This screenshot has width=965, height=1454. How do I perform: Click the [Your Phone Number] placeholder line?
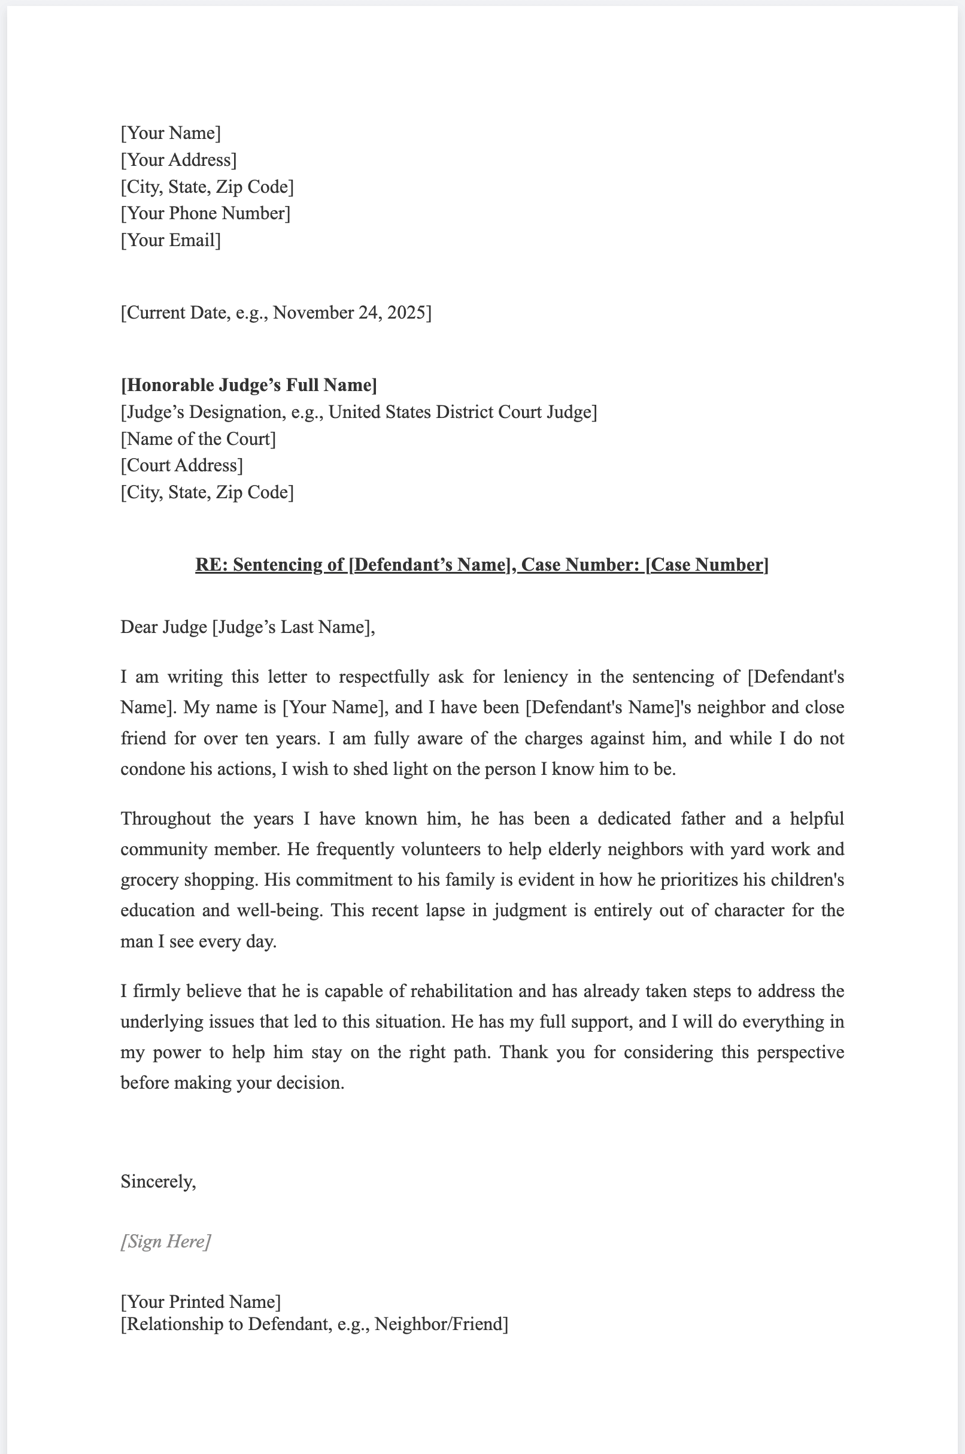click(x=205, y=214)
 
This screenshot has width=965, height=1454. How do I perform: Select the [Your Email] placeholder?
click(x=171, y=240)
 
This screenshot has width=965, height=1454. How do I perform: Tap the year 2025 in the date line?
click(x=406, y=313)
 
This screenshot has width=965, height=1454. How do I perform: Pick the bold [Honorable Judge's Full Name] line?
click(x=248, y=385)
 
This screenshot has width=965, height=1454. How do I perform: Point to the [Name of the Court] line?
click(x=198, y=439)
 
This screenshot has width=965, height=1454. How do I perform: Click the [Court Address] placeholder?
click(x=181, y=465)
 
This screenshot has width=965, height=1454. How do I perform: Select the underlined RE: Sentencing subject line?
click(x=481, y=565)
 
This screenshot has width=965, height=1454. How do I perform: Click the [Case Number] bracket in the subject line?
click(x=706, y=565)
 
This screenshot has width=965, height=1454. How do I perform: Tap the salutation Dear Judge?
click(x=163, y=627)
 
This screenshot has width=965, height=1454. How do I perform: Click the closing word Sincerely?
click(x=157, y=1182)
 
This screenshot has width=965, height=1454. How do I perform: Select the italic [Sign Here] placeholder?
click(x=166, y=1241)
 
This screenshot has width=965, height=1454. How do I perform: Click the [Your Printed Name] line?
click(x=201, y=1301)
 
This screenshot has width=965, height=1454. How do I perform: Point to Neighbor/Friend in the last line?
click(x=441, y=1323)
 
